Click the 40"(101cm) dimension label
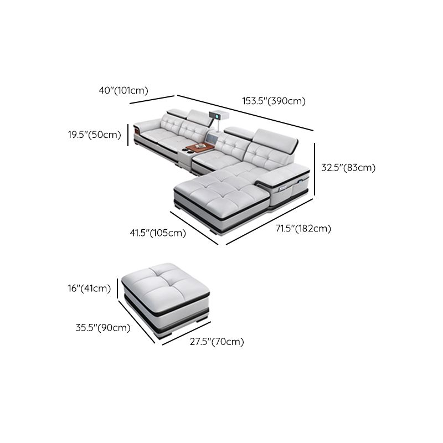123,91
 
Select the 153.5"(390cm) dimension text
274,101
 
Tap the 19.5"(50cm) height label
94,134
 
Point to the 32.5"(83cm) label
348,167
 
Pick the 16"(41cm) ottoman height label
89,288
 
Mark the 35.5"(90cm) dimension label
103,327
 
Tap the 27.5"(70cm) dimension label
217,342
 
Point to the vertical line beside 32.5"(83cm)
315,169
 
